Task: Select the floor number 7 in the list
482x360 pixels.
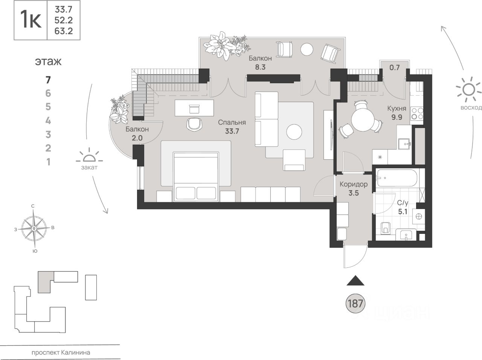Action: click(x=48, y=79)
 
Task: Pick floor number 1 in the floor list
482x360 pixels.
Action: click(x=48, y=162)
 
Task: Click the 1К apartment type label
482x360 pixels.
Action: click(x=31, y=20)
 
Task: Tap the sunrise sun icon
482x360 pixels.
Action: click(x=468, y=91)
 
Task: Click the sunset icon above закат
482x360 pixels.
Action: click(x=89, y=157)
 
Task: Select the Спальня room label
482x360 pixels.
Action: click(x=232, y=122)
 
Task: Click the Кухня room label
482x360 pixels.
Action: click(x=397, y=109)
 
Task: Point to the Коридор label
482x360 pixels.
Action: click(x=353, y=185)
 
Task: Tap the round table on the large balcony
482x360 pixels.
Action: click(x=307, y=49)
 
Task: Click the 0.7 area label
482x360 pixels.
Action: click(x=394, y=68)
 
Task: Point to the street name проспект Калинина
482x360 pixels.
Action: click(x=61, y=353)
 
